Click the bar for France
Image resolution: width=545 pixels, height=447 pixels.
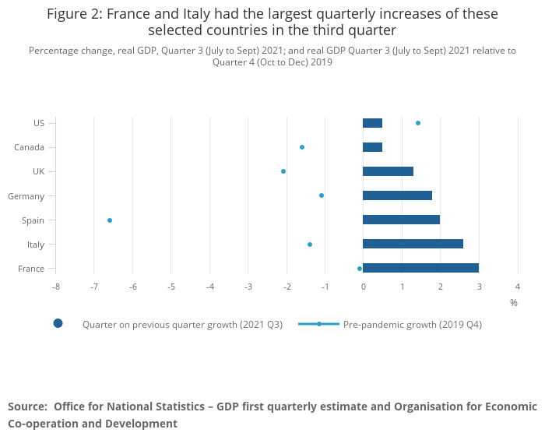420,268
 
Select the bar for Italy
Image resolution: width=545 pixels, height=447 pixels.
413,244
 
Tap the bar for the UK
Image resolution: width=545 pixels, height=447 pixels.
388,171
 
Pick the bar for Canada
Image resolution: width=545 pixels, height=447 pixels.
372,147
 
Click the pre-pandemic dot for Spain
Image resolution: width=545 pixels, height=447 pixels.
110,220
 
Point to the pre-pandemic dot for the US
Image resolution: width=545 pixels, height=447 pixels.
418,123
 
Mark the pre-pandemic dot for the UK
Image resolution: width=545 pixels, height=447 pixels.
283,171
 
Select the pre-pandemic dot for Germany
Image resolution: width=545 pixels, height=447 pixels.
322,195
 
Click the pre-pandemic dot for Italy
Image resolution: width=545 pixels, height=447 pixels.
310,245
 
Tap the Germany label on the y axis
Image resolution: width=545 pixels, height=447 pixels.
26,196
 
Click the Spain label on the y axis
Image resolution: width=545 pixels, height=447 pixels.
32,220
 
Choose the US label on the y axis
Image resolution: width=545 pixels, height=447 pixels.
39,123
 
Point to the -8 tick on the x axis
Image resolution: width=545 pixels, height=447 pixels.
56,287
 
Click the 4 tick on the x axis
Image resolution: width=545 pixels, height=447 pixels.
518,287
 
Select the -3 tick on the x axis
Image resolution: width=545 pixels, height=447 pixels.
248,287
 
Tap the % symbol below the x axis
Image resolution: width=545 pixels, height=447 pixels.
514,302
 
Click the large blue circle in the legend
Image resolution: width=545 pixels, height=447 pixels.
58,323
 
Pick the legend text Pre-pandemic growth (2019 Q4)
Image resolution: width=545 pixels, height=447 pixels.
413,324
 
